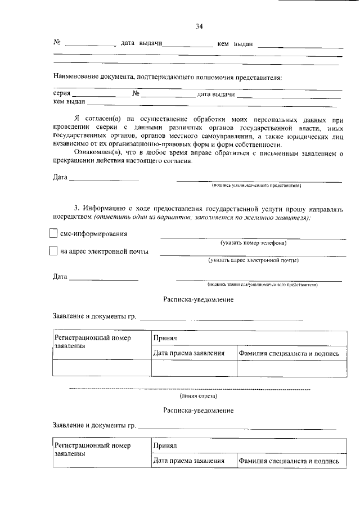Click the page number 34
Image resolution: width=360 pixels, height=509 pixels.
199,26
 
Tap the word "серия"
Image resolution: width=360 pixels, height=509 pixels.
61,94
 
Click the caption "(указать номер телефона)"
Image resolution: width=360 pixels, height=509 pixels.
253,243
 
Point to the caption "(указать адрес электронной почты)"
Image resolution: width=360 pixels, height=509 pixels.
253,260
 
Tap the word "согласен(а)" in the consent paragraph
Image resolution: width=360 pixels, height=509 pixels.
107,120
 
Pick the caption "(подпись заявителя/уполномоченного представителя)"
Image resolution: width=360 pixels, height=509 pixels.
262,285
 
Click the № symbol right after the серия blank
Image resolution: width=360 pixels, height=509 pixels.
136,94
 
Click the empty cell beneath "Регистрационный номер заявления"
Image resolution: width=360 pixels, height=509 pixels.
101,368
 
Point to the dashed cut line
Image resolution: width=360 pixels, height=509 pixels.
189,389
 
